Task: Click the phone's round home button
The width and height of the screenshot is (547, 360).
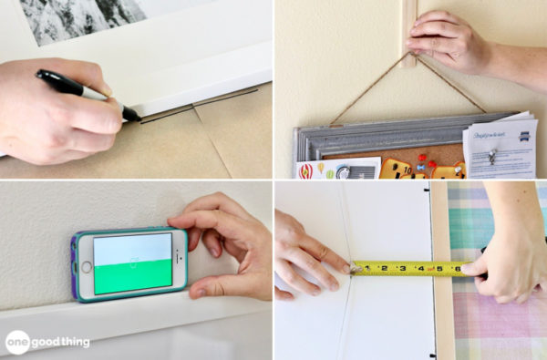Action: click(x=86, y=267)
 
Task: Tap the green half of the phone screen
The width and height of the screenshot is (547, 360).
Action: click(x=133, y=275)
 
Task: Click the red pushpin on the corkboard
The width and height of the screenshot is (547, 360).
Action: click(x=421, y=166)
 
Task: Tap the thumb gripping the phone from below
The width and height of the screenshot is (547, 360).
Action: click(x=205, y=287)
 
